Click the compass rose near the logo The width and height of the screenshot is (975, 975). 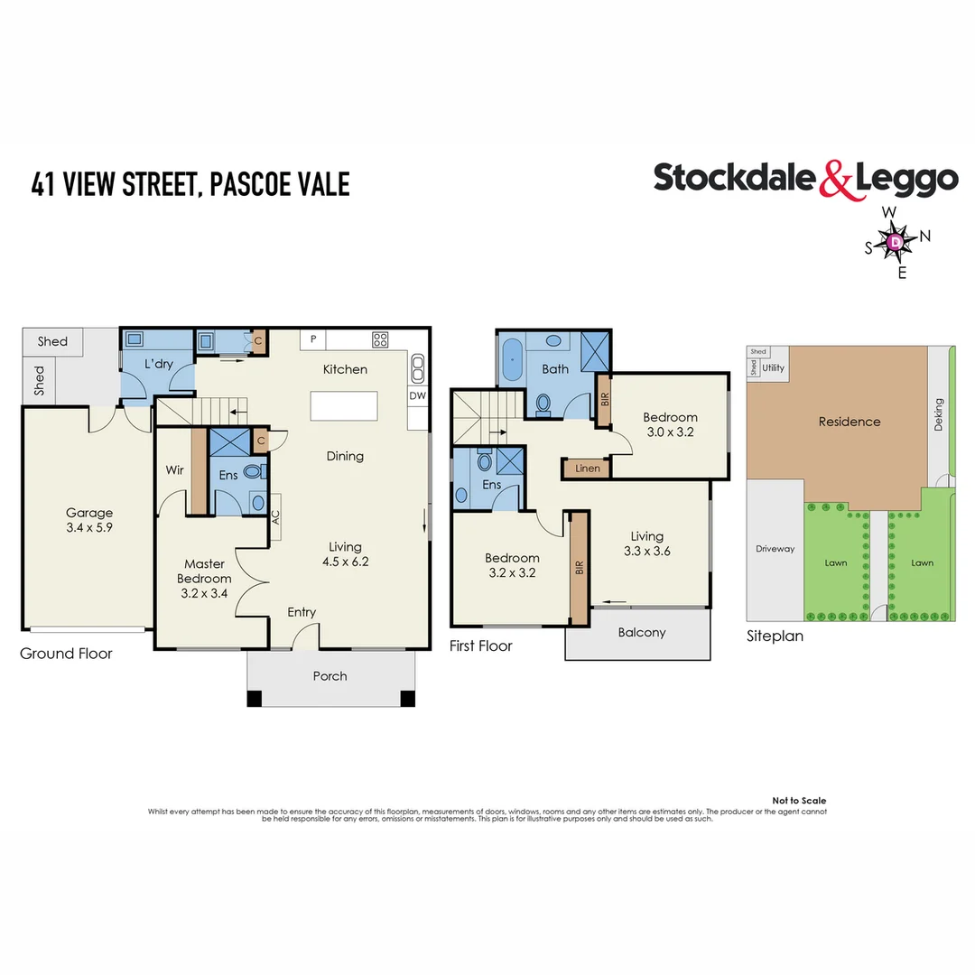pos(894,242)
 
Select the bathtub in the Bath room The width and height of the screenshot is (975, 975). pos(514,359)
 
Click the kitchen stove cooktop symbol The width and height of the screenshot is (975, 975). pos(380,340)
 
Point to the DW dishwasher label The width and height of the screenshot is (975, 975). pos(417,395)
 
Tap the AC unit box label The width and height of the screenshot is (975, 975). pos(274,515)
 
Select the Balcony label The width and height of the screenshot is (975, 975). pos(641,632)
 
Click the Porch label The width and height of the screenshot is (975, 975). pos(330,675)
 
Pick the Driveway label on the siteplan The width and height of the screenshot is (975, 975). pos(775,548)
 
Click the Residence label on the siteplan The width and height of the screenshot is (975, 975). pos(849,422)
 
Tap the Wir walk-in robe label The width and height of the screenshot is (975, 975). pos(175,470)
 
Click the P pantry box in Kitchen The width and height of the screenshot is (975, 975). pos(313,339)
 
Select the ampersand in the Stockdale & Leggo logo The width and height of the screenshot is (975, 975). pos(835,179)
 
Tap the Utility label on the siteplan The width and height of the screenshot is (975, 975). pos(774,368)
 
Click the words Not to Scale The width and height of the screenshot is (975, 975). pos(799,801)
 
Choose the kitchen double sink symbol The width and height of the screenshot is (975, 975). pos(418,367)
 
